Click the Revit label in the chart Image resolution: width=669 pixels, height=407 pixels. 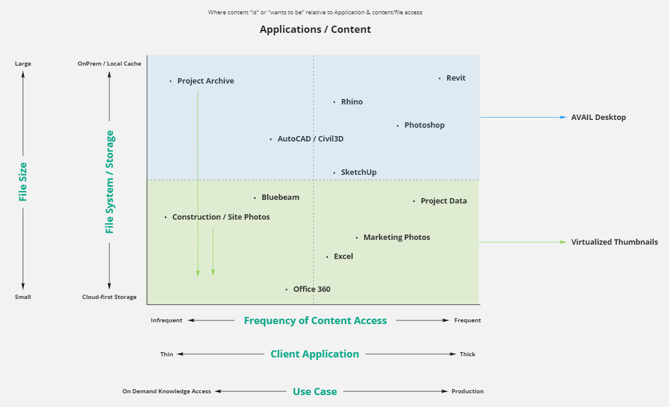(456, 78)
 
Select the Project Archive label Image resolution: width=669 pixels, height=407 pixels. (205, 81)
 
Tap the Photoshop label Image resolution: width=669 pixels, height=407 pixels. (424, 125)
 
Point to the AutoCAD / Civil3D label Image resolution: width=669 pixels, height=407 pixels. (310, 139)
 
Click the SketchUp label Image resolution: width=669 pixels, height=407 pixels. (358, 172)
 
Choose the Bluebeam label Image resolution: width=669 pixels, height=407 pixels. (280, 198)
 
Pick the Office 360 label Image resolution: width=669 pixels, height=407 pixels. (311, 289)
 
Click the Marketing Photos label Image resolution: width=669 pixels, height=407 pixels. (397, 238)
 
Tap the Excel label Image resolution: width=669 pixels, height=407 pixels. (343, 257)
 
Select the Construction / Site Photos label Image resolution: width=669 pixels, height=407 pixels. (221, 217)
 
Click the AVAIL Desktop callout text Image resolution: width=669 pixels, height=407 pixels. (599, 118)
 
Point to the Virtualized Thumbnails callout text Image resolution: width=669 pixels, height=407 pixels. (614, 242)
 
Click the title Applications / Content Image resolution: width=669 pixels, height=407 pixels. (315, 30)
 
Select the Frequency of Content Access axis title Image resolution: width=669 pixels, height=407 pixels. (315, 320)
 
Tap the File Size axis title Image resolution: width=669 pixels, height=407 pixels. (23, 181)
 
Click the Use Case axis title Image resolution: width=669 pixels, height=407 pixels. (315, 392)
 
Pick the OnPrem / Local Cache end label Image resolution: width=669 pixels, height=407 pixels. (109, 64)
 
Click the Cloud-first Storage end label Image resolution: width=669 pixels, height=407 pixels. (109, 297)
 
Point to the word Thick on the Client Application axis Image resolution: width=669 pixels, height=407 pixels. (468, 354)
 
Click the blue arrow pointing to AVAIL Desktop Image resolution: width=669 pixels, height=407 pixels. (523, 118)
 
